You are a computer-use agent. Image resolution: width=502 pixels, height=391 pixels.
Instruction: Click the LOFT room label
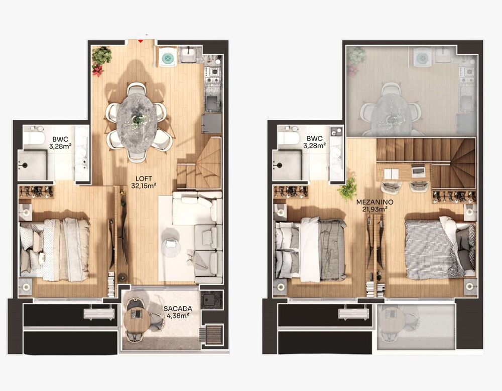coord(144,179)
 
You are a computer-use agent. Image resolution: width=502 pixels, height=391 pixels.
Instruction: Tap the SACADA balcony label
coord(178,309)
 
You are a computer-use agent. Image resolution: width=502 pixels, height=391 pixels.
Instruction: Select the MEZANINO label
coord(374,203)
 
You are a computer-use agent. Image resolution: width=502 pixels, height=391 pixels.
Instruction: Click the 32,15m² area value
coord(144,186)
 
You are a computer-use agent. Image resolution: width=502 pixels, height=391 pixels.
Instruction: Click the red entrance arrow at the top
coord(140,40)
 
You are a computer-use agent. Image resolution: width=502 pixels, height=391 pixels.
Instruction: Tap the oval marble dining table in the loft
coord(137,119)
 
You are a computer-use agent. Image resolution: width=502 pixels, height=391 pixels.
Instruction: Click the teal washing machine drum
coord(168,58)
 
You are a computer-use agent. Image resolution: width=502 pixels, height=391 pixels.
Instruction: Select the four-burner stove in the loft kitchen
coord(212,75)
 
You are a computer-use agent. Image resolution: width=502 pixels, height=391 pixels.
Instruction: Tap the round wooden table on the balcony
coord(138,318)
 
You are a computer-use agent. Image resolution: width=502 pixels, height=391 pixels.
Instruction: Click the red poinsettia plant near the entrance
coord(98,70)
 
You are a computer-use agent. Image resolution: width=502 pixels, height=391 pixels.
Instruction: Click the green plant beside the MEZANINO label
coord(347,189)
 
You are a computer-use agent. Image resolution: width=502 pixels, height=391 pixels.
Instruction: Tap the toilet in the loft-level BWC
coord(34,136)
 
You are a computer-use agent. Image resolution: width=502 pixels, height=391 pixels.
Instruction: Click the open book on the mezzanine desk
coord(391,174)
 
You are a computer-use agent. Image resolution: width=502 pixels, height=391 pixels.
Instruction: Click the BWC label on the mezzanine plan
coord(314,139)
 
